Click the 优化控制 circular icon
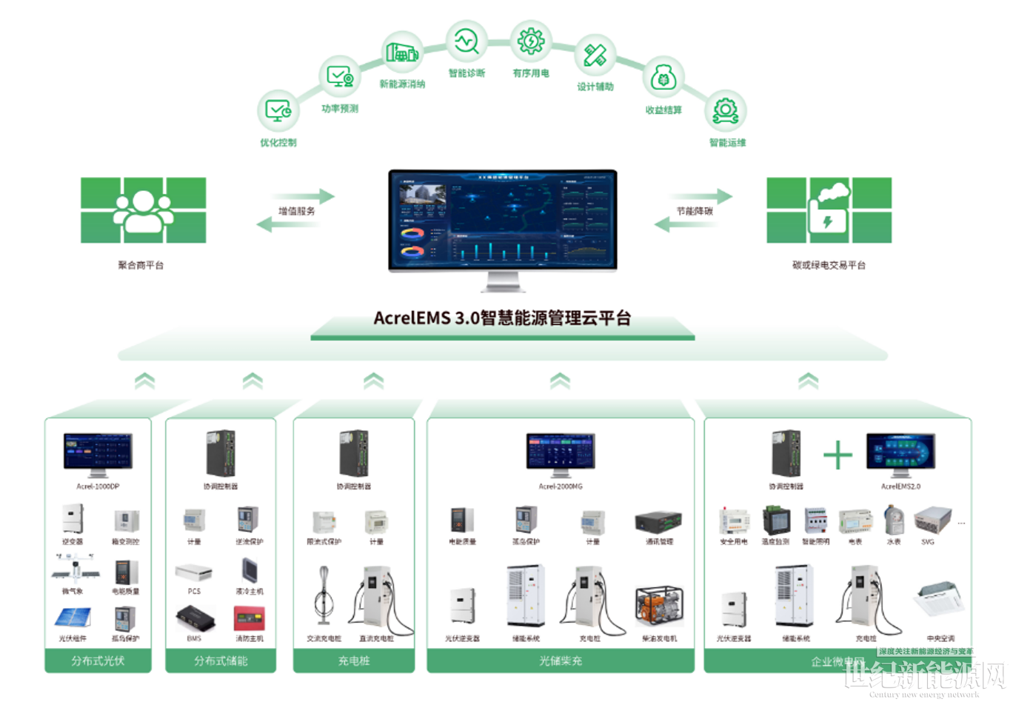(278, 111)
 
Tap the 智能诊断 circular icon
(467, 41)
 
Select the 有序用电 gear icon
(531, 41)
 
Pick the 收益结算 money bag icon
(663, 78)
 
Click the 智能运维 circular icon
(725, 111)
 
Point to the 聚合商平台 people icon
(143, 210)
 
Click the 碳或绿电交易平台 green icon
(829, 210)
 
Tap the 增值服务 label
(296, 211)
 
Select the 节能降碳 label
(694, 211)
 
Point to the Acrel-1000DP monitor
(98, 452)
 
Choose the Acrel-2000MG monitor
(561, 452)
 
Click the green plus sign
(838, 455)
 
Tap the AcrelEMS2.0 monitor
(900, 452)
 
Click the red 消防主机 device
(249, 618)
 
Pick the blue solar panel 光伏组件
(73, 618)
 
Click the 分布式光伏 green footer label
(98, 661)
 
